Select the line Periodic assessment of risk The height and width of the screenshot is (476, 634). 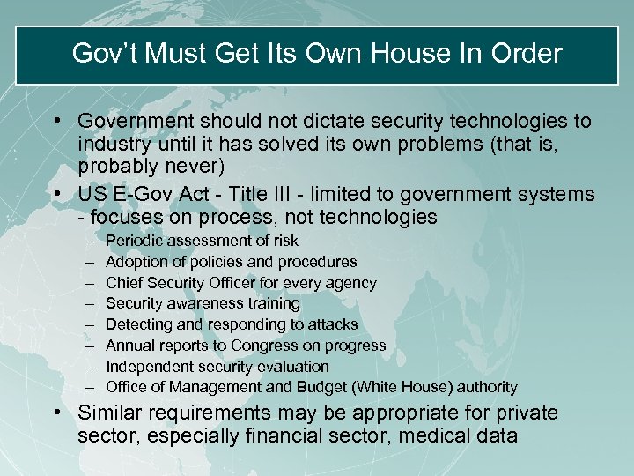tap(202, 241)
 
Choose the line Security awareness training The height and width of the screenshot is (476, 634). tap(203, 303)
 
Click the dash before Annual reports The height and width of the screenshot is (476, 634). tap(92, 346)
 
